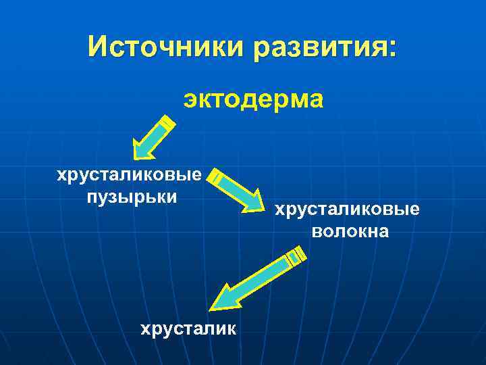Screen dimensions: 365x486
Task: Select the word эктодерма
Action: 253,100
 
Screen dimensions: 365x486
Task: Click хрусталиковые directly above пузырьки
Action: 129,176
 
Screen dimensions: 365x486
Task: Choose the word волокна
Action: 350,232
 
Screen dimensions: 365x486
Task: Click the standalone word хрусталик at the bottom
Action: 188,329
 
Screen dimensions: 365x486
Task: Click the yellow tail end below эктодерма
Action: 167,124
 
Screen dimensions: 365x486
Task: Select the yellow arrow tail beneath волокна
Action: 296,255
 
